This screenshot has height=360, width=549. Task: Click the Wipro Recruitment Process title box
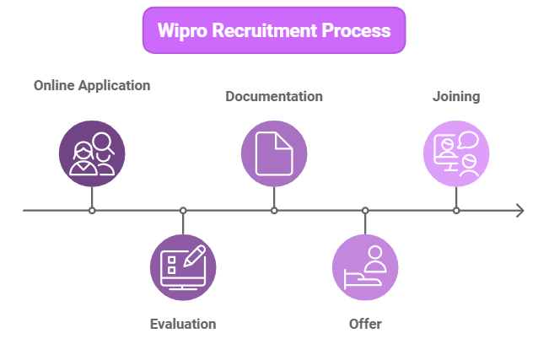tap(274, 30)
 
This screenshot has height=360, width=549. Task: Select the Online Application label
tap(92, 85)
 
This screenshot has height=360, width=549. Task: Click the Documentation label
tap(274, 96)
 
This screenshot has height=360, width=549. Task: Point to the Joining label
tap(456, 96)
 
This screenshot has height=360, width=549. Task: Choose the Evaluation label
tap(183, 324)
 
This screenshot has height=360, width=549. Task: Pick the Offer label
tap(365, 324)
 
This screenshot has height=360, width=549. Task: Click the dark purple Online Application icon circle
tap(92, 153)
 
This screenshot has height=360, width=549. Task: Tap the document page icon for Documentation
tap(274, 153)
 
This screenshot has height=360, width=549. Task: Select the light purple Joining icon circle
tap(456, 153)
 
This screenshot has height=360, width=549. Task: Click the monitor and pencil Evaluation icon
tap(183, 267)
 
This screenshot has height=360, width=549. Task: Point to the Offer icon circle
tap(365, 267)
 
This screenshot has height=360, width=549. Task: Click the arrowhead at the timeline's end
tap(519, 210)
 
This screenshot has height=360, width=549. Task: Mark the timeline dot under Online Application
tap(92, 210)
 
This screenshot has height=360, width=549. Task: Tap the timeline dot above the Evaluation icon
tap(183, 210)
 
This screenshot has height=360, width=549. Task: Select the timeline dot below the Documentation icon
tap(274, 210)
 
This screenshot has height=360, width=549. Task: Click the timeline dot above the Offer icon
tap(365, 210)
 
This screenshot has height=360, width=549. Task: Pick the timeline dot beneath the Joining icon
tap(456, 210)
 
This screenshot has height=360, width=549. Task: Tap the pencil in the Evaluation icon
tap(196, 255)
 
